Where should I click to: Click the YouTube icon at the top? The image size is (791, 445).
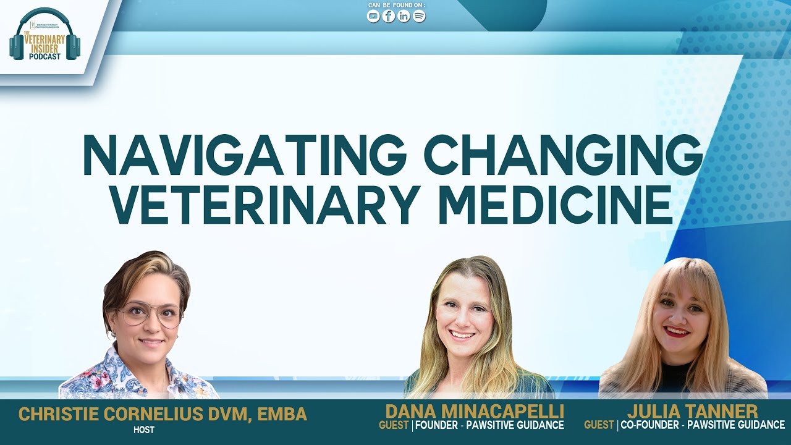point(373,17)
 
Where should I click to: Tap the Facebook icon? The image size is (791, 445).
point(389,17)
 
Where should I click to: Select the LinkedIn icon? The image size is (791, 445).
point(404,17)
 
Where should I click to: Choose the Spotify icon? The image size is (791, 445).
point(419,17)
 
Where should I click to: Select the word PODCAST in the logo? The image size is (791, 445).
point(44,56)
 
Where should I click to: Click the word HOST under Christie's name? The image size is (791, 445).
point(143,430)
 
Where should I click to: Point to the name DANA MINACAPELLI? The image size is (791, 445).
point(475,412)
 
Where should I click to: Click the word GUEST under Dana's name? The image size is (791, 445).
point(394,425)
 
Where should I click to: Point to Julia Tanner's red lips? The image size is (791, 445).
point(677,333)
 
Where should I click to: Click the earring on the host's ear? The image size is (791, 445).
point(113,334)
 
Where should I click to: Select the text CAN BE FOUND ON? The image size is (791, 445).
point(396,6)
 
